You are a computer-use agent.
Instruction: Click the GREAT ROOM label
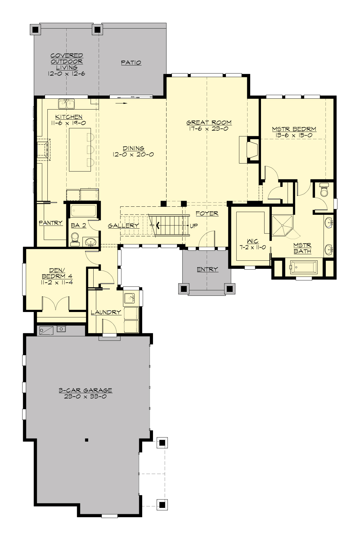209,122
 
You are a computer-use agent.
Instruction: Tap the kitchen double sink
66,104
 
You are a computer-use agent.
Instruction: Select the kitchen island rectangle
80,149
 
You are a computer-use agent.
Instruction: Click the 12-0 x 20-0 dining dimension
133,155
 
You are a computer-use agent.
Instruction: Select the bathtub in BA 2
83,211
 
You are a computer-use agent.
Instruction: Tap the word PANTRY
51,223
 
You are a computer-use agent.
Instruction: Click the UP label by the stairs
194,226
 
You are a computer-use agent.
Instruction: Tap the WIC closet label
253,241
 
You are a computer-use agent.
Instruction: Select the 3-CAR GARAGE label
85,390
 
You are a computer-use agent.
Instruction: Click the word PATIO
131,63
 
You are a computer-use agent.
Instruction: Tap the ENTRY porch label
207,269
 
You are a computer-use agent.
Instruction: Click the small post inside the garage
87,440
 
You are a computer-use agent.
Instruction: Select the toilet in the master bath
324,191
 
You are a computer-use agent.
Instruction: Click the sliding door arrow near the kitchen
121,103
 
